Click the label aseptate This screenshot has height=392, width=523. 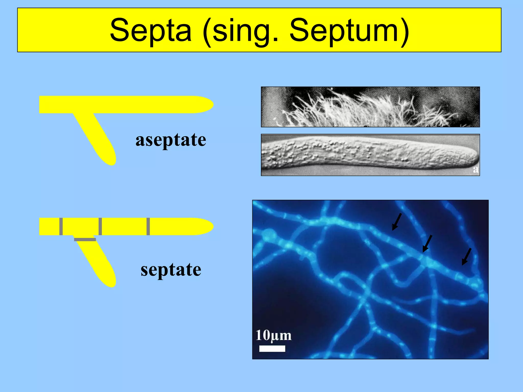tap(171, 140)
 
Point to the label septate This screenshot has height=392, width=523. tap(171, 270)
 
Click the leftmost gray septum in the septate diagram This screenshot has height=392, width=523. tap(61, 226)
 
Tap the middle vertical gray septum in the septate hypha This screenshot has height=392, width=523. tap(100, 226)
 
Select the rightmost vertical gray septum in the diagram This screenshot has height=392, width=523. tap(148, 226)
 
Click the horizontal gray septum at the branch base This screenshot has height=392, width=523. tap(85, 240)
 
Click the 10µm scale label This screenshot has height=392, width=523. tap(273, 335)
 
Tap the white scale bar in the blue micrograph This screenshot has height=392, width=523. tap(272, 349)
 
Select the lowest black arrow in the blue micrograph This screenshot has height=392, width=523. tap(466, 257)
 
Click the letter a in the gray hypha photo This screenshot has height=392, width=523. tap(476, 169)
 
